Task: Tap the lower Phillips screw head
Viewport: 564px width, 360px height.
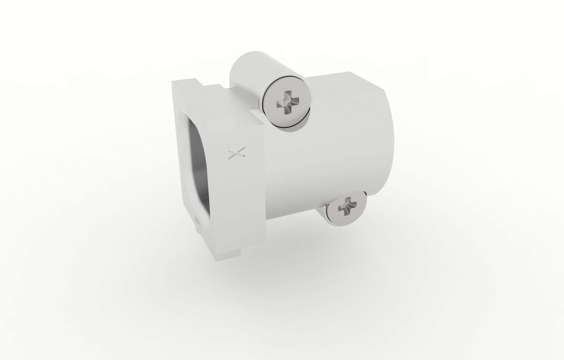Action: tap(346, 207)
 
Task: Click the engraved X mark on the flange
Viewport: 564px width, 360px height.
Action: tap(236, 154)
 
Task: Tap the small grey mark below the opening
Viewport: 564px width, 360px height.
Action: tap(197, 220)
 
